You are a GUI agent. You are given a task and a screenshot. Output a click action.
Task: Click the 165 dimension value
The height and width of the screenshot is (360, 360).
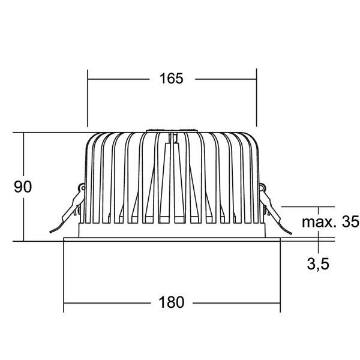pos(172,79)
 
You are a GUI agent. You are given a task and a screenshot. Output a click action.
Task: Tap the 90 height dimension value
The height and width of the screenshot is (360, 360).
pos(23,187)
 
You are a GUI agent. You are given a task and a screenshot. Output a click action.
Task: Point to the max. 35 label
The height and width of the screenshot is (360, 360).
pos(330,222)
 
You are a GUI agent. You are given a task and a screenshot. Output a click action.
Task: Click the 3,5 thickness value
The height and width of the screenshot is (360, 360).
pos(317,263)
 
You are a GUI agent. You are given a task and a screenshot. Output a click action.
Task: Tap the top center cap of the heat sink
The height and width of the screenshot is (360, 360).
pos(172,130)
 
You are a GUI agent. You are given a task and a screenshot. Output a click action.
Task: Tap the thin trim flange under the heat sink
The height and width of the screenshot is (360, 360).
pos(172,239)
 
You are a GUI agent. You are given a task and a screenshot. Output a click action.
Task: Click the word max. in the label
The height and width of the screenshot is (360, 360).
pos(316,222)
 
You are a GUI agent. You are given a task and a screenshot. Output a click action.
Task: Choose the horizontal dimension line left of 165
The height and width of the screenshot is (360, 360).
pos(117,79)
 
